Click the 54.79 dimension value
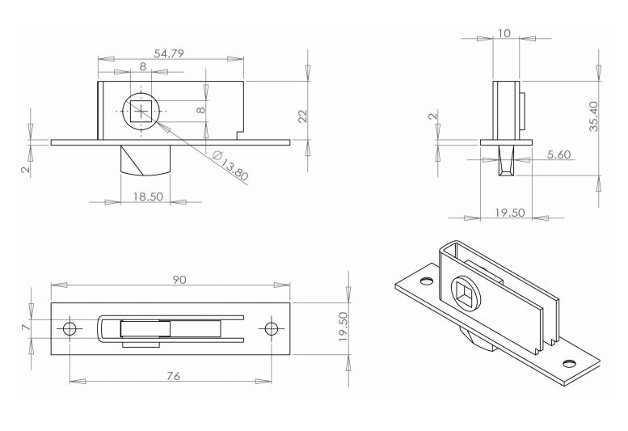click(169, 53)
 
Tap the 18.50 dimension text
click(148, 196)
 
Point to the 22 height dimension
click(303, 116)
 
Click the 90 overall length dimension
click(179, 280)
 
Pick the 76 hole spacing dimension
click(174, 376)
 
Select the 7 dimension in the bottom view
click(26, 327)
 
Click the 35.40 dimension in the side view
click(593, 116)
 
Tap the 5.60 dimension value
click(558, 154)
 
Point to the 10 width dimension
click(504, 33)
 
